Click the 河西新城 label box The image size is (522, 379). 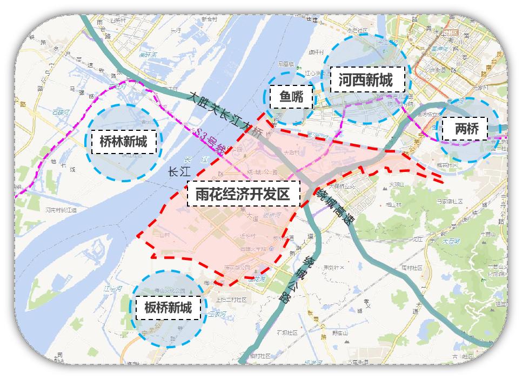(x=365, y=81)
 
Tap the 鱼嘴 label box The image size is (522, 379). (x=291, y=97)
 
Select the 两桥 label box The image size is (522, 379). (x=464, y=129)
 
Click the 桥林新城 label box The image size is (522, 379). (x=124, y=142)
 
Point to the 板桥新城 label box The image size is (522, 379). (x=168, y=308)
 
